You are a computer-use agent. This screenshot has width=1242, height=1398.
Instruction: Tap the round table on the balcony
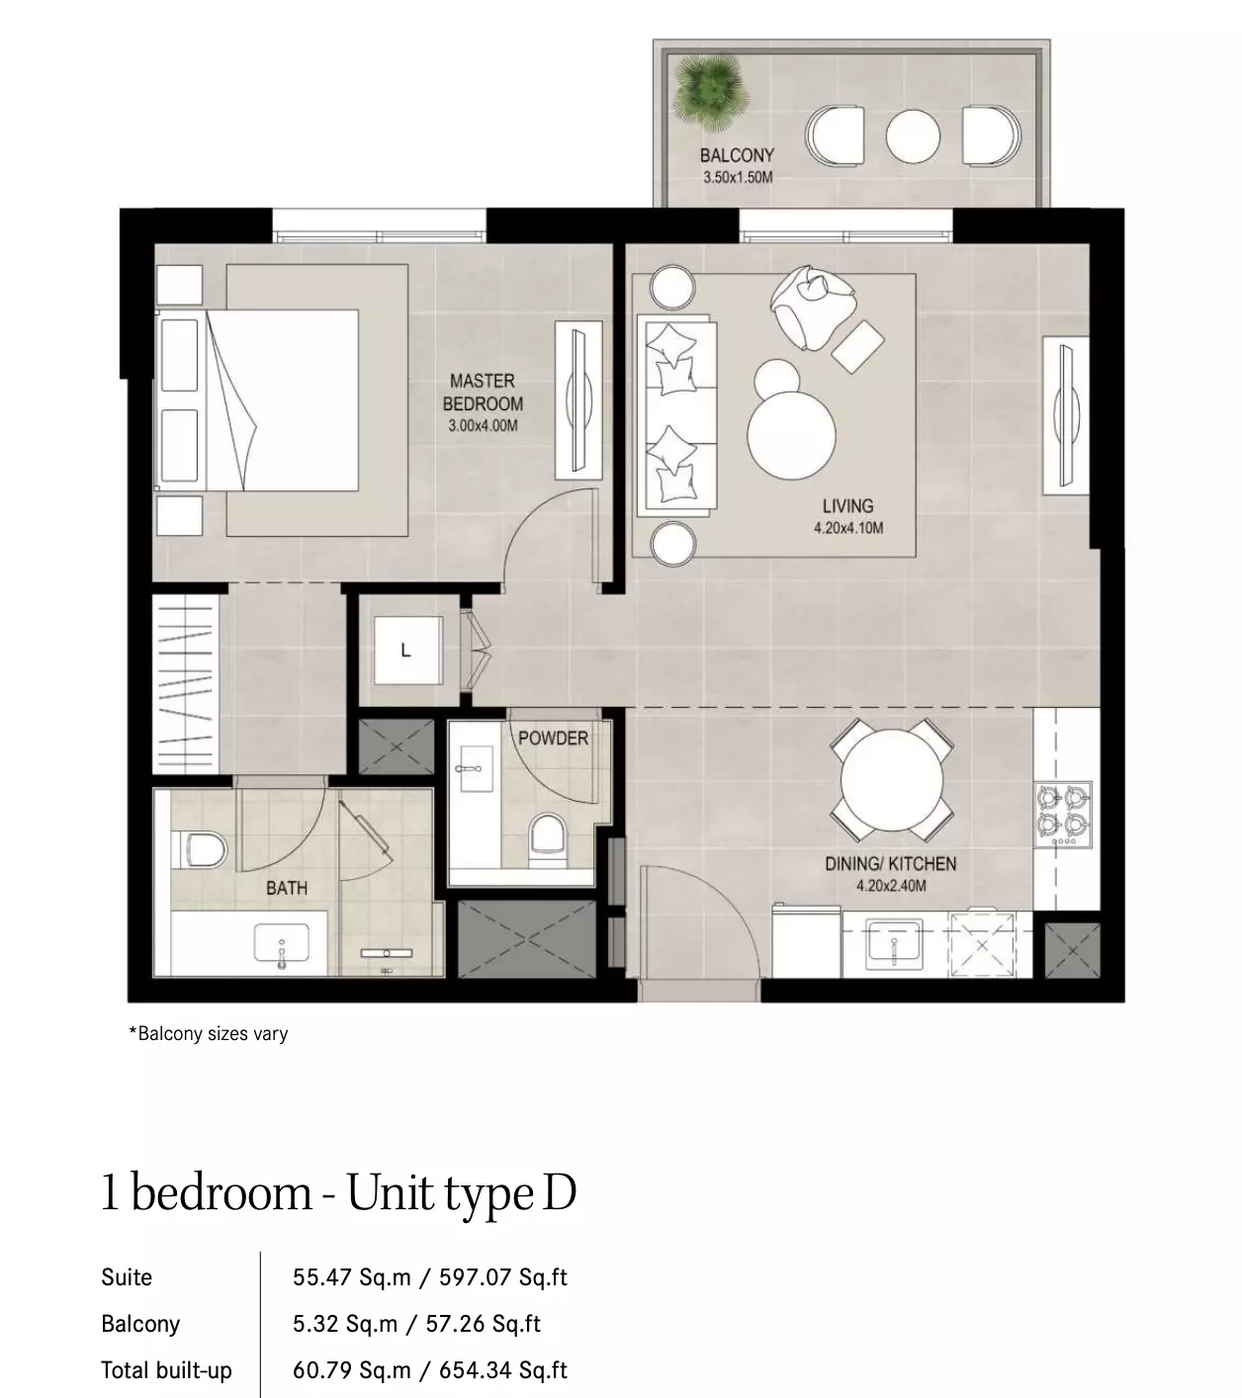click(x=912, y=135)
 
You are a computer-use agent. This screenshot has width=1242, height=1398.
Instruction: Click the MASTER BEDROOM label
click(x=483, y=392)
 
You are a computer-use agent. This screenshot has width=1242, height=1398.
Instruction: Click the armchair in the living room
click(x=813, y=306)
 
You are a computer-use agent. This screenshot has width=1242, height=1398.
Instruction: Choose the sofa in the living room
click(x=677, y=414)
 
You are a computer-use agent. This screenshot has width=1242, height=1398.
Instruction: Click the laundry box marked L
click(x=408, y=650)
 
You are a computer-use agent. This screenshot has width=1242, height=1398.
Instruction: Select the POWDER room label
click(x=553, y=739)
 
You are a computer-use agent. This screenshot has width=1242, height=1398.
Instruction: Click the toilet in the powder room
click(x=548, y=839)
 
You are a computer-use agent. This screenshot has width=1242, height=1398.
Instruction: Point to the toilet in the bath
click(x=199, y=848)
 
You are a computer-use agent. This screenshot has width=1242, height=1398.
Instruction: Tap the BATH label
click(x=287, y=888)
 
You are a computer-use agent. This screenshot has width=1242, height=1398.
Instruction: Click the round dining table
click(x=892, y=780)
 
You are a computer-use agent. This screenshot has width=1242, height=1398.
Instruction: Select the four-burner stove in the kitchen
click(x=1062, y=815)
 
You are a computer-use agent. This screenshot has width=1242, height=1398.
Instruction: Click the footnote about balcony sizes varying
click(x=209, y=1034)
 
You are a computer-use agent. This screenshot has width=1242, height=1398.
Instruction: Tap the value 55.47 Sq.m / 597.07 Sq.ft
click(x=429, y=1277)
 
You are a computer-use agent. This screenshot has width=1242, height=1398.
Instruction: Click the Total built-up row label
click(x=166, y=1369)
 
